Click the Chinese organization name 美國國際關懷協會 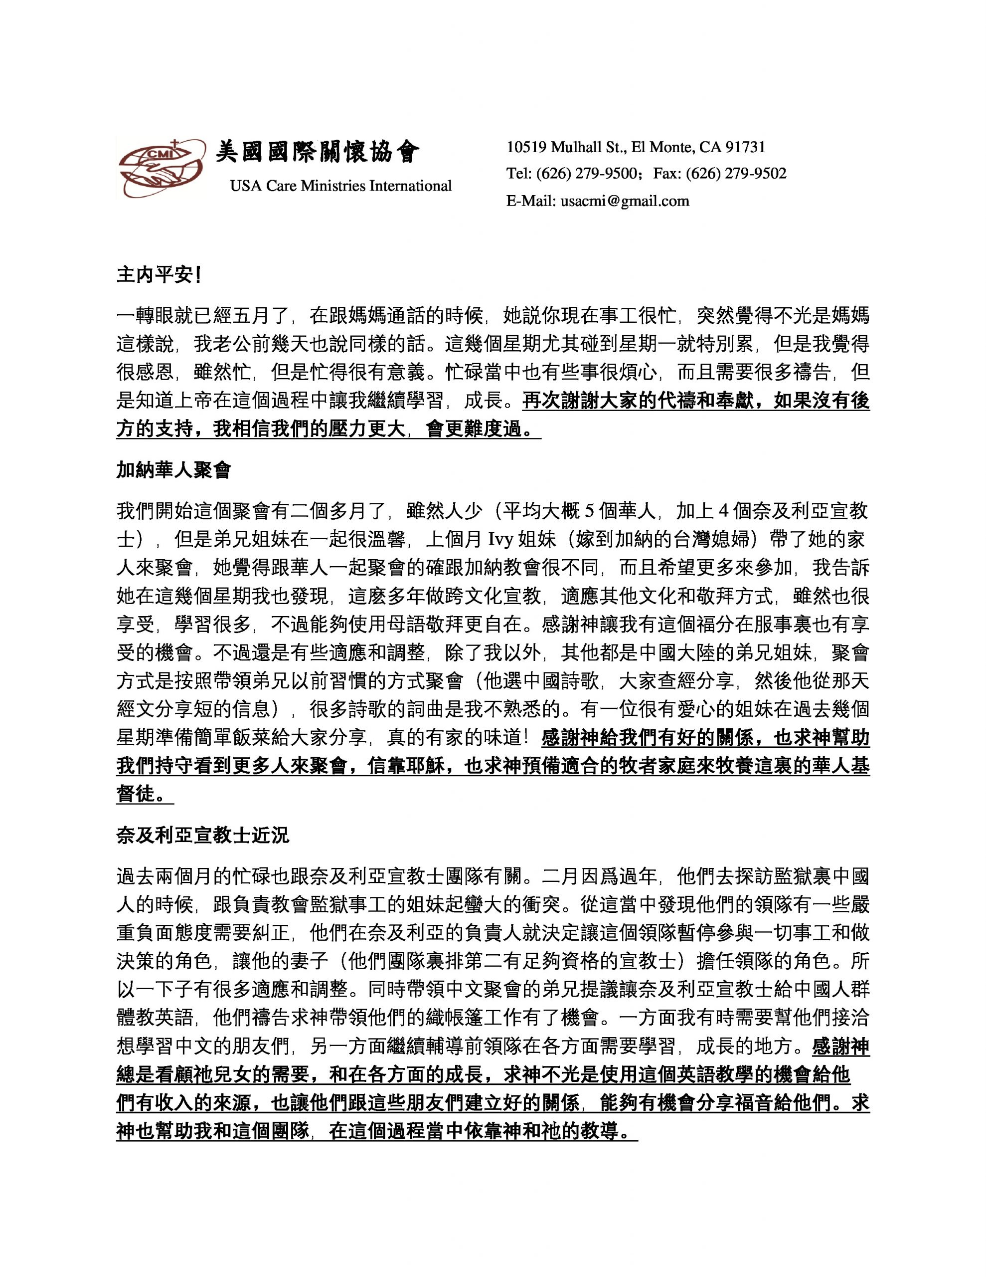[318, 152]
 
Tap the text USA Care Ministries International [341, 186]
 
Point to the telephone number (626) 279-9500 [586, 174]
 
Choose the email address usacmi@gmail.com [625, 201]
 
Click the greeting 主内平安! [159, 275]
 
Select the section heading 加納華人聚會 [173, 469]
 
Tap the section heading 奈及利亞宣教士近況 [203, 836]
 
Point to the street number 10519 [526, 147]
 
